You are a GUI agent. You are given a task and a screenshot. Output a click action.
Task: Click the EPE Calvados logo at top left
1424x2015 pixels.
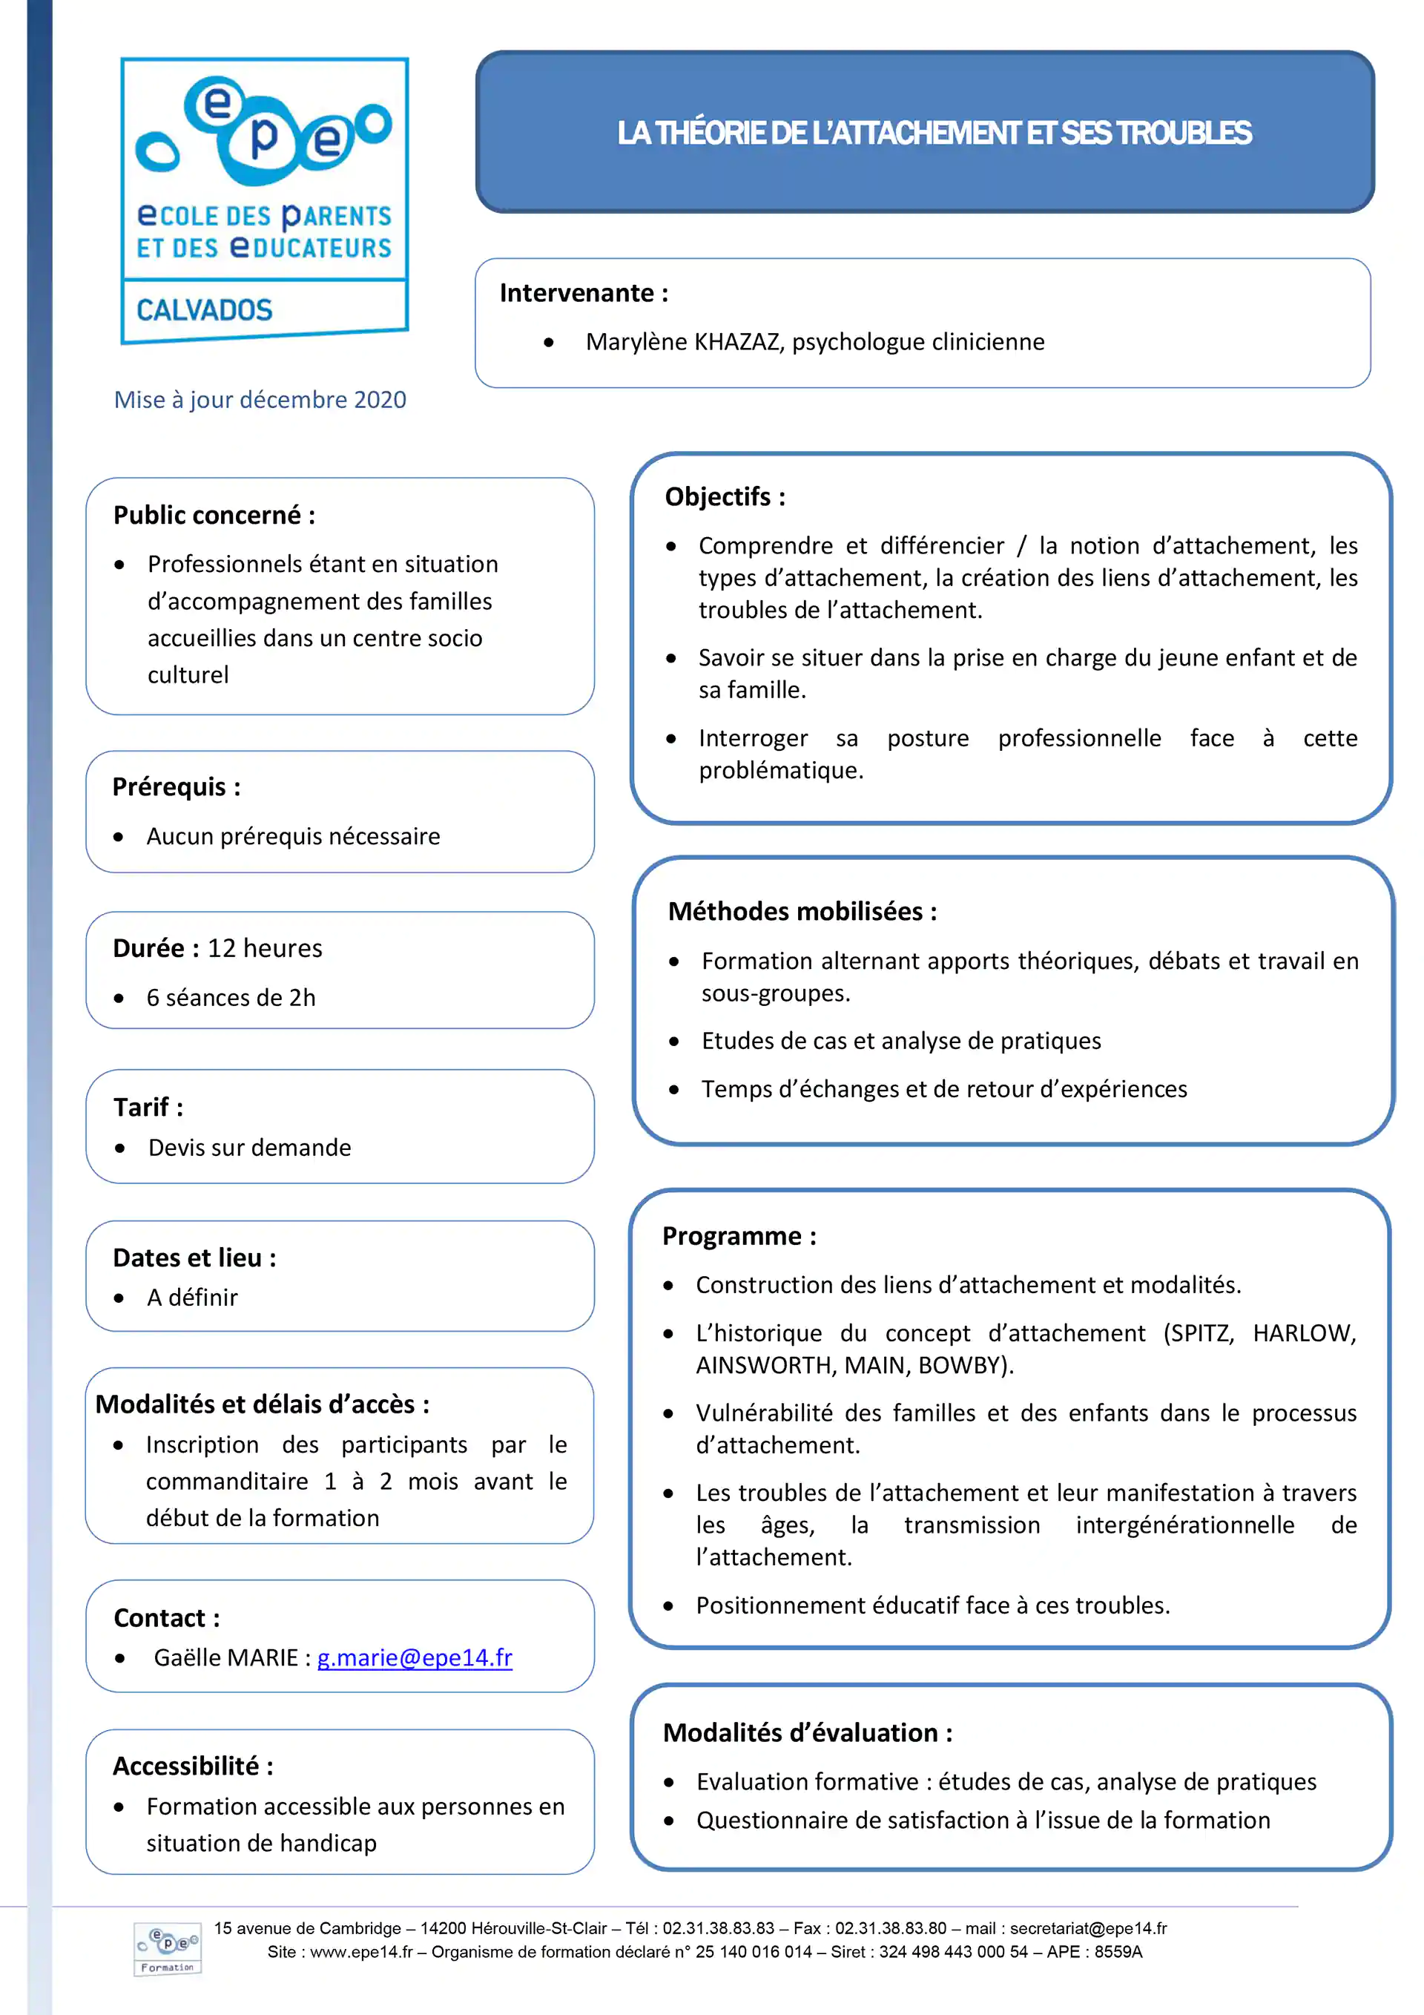pyautogui.click(x=264, y=200)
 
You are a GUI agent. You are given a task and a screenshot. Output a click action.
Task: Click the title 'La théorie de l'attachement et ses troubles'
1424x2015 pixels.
pyautogui.click(x=934, y=133)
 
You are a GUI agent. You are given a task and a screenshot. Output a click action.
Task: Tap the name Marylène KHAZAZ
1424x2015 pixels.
pyautogui.click(x=684, y=341)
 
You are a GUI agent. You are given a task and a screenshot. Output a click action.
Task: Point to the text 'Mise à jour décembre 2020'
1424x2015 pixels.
pyautogui.click(x=260, y=400)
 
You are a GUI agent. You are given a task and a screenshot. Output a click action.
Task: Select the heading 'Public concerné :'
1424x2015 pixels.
pyautogui.click(x=214, y=515)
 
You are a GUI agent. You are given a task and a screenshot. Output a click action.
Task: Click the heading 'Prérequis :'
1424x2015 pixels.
pyautogui.click(x=177, y=787)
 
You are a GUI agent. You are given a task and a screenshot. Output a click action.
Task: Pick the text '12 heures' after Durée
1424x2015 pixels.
pyautogui.click(x=265, y=949)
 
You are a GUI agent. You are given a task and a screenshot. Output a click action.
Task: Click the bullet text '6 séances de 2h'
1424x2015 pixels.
pyautogui.click(x=231, y=998)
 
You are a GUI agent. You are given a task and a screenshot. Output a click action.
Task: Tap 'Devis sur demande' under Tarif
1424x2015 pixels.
pyautogui.click(x=249, y=1148)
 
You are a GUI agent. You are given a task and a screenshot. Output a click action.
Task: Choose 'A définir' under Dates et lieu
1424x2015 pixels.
pyautogui.click(x=192, y=1298)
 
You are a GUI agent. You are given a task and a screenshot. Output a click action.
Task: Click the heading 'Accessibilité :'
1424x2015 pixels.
pyautogui.click(x=193, y=1766)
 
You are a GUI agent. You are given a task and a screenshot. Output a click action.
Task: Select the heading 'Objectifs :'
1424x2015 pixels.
pyautogui.click(x=725, y=497)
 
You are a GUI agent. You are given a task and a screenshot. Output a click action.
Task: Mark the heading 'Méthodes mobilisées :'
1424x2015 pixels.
pyautogui.click(x=802, y=912)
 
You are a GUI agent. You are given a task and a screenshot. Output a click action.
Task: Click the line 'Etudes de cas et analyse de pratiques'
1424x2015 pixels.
pyautogui.click(x=900, y=1041)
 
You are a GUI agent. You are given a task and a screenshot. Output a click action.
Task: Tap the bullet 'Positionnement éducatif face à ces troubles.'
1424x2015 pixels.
pyautogui.click(x=933, y=1605)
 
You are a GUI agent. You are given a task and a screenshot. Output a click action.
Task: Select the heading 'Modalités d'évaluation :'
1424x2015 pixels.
pyautogui.click(x=807, y=1732)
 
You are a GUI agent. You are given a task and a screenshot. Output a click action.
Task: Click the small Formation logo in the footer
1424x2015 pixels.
pyautogui.click(x=168, y=1949)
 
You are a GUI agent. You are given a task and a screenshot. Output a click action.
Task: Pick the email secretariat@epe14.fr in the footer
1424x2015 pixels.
pyautogui.click(x=1088, y=1928)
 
